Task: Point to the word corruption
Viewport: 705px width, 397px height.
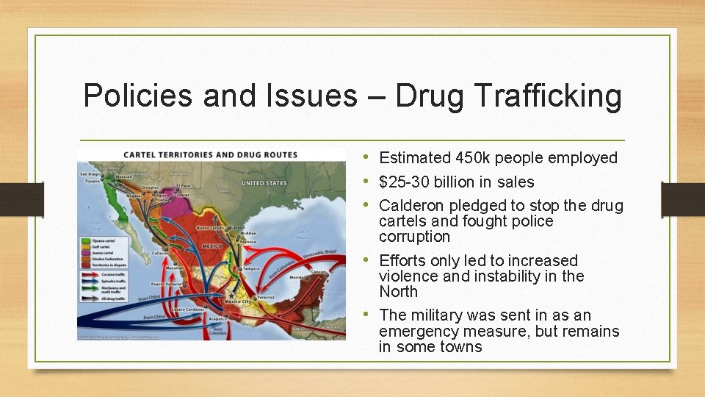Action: [414, 237]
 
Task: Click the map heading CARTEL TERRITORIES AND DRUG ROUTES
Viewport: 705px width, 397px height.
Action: [210, 154]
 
